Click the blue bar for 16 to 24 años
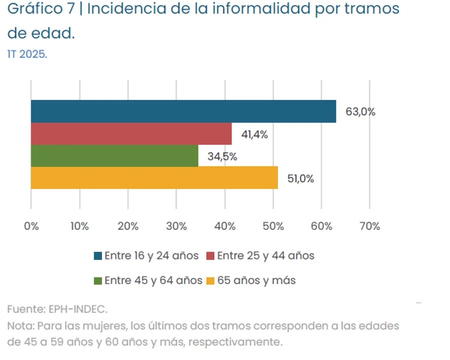(x=183, y=111)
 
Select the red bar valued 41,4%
(x=131, y=133)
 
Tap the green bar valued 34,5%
(x=114, y=155)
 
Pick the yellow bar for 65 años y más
(x=154, y=178)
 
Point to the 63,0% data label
(x=360, y=112)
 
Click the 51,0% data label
(x=300, y=178)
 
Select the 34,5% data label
(x=222, y=156)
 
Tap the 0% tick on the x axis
(x=31, y=226)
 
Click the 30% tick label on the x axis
(x=176, y=226)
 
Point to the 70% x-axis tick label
(x=369, y=226)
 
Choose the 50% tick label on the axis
(x=273, y=226)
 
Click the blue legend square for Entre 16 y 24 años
(x=98, y=256)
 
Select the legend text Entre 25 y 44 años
(x=265, y=255)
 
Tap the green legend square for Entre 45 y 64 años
(x=98, y=280)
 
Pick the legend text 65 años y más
(x=256, y=280)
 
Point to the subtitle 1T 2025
(x=27, y=54)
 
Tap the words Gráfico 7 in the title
(x=40, y=9)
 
